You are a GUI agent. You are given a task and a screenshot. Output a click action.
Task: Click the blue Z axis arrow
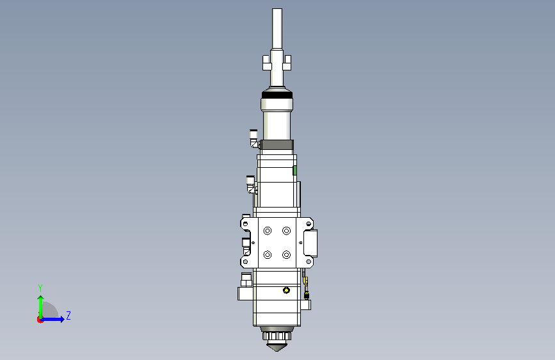point(52,319)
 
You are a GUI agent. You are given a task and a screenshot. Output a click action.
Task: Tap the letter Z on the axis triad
point(68,315)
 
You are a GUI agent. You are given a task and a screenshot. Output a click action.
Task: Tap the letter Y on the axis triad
point(40,288)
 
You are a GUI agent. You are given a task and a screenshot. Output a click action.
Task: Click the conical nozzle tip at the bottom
point(277,346)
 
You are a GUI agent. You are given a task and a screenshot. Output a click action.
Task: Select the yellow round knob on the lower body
point(286,291)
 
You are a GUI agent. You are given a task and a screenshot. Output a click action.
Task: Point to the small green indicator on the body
point(294,170)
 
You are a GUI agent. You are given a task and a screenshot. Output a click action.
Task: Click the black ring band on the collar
point(277,95)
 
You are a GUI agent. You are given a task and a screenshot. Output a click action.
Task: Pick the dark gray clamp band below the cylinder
point(277,145)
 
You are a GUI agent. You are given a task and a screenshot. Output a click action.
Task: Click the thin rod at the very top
point(277,28)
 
